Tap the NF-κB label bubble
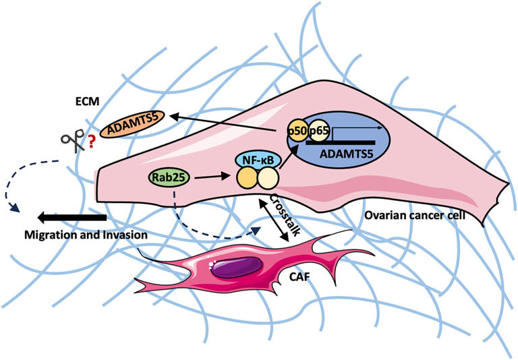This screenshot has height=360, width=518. click(255, 160)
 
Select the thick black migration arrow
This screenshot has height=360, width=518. click(73, 218)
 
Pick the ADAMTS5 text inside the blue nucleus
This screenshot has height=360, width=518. click(340, 155)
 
